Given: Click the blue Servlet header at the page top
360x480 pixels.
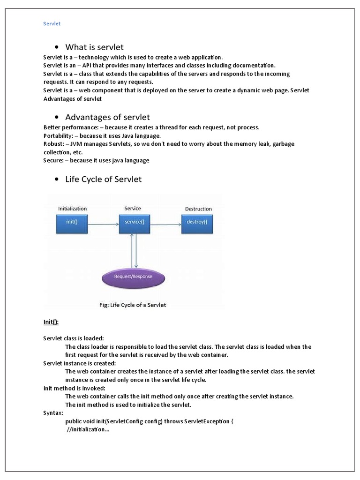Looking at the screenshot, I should click(52, 23).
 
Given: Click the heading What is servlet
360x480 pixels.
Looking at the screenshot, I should click(94, 47).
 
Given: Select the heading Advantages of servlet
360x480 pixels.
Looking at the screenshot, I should click(107, 117).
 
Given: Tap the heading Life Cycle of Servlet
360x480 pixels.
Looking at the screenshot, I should click(103, 179).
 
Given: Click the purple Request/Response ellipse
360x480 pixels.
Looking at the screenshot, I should click(134, 277).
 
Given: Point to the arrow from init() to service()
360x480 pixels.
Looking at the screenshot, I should click(103, 225).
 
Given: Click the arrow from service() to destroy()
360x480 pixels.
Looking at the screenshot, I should click(165, 225).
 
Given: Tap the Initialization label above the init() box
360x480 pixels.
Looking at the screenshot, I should click(72, 209).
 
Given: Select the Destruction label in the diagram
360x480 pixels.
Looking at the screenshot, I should click(198, 209).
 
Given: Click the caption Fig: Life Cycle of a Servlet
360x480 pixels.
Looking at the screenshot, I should click(133, 305).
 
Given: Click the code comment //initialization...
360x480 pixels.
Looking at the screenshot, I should click(88, 430).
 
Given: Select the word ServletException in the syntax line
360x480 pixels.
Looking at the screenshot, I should click(207, 421).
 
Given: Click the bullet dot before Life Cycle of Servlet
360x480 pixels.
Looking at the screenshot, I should click(56, 180).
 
